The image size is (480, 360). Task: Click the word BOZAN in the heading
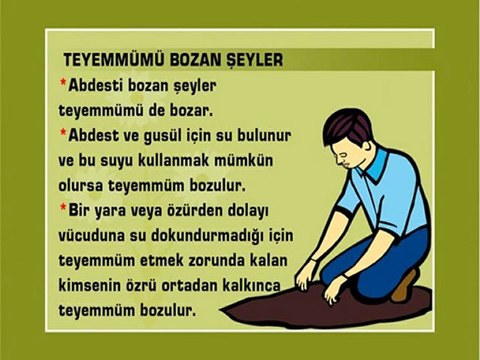click(190, 59)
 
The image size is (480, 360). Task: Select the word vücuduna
click(95, 236)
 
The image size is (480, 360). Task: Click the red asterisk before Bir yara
click(63, 209)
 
